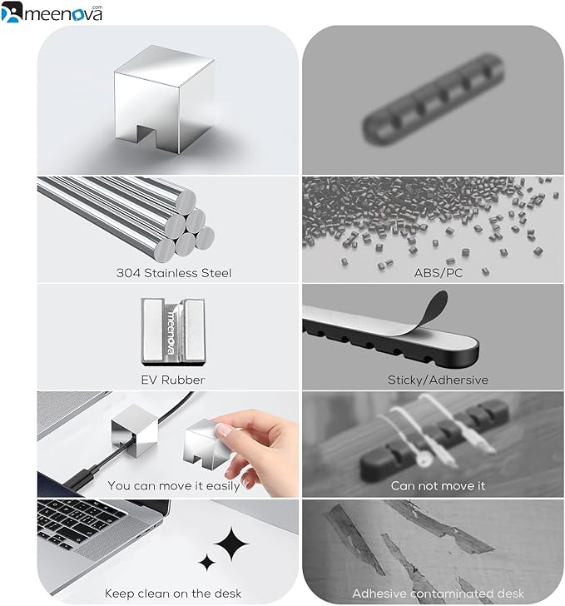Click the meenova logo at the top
[x=52, y=12]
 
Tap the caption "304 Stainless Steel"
[x=174, y=273]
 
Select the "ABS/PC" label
[x=439, y=273]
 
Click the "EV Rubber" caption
[x=173, y=380]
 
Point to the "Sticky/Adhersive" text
[x=438, y=380]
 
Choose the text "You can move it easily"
[x=174, y=486]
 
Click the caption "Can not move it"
[x=438, y=486]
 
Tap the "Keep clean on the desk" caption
[x=173, y=594]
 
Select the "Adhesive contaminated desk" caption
[x=438, y=594]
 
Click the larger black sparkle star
[x=231, y=544]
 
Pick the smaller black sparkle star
[x=206, y=563]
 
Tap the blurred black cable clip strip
[x=434, y=100]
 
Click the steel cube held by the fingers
[x=206, y=445]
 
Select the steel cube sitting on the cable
[x=135, y=429]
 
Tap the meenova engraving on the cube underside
[x=171, y=332]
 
